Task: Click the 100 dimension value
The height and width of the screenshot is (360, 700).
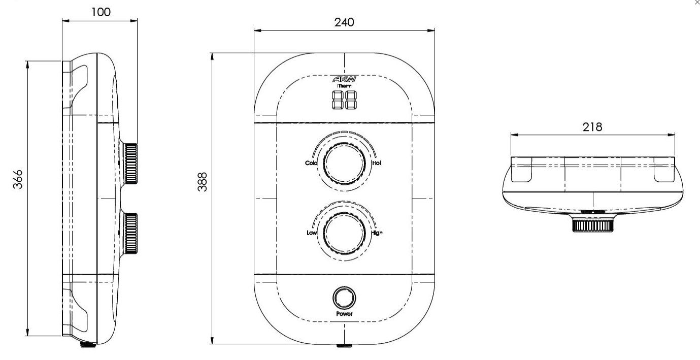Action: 101,12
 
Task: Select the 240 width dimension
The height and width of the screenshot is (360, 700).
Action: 344,22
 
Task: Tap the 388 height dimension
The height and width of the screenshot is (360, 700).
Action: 203,182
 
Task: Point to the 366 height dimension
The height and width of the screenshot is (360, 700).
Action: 18,179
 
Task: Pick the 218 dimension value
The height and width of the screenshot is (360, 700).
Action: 592,127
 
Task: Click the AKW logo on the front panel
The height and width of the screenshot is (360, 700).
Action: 344,79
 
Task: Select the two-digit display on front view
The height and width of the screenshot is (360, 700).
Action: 344,100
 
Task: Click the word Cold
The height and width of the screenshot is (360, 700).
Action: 311,163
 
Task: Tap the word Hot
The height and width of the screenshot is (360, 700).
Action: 377,163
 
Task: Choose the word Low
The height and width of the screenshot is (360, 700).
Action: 312,233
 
